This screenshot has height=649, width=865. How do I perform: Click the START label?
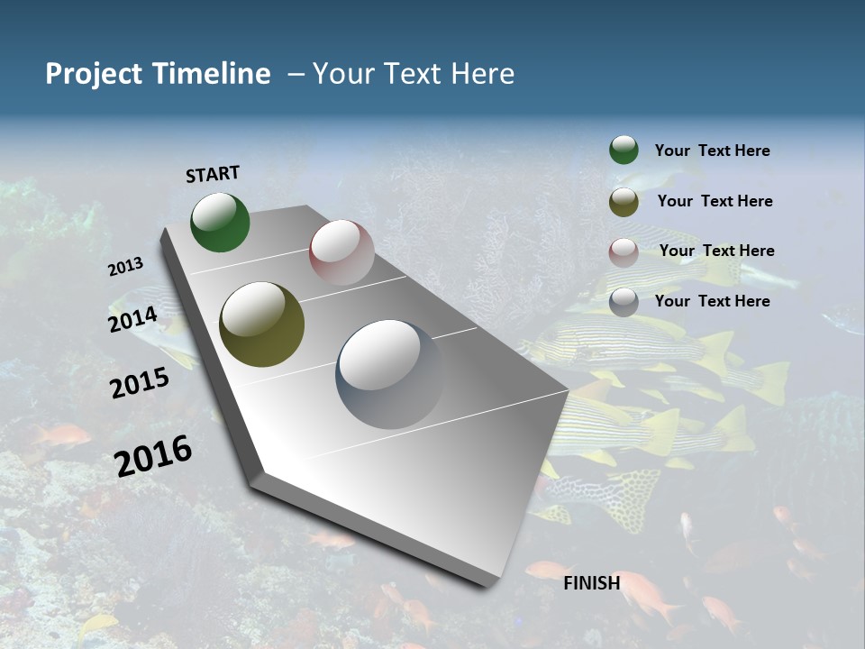tap(213, 174)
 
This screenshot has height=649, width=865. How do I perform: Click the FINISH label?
tap(592, 583)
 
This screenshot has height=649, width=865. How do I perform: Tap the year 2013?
tap(126, 267)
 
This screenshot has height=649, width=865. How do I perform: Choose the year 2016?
tap(153, 455)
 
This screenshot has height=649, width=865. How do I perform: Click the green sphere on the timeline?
tap(220, 223)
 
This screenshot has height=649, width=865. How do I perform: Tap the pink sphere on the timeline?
tap(341, 252)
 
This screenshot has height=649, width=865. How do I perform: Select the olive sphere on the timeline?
tap(261, 324)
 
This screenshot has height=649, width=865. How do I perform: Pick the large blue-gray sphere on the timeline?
tap(390, 374)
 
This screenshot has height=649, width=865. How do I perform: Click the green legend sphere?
tap(624, 151)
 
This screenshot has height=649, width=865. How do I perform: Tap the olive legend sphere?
tap(624, 202)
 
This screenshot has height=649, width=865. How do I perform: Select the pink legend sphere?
tap(624, 252)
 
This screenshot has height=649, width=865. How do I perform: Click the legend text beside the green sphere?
tap(712, 151)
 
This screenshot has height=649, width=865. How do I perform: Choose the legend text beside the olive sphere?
tap(715, 201)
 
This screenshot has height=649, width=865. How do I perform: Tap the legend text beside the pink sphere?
tap(716, 251)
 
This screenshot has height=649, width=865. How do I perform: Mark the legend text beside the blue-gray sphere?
tap(712, 301)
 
